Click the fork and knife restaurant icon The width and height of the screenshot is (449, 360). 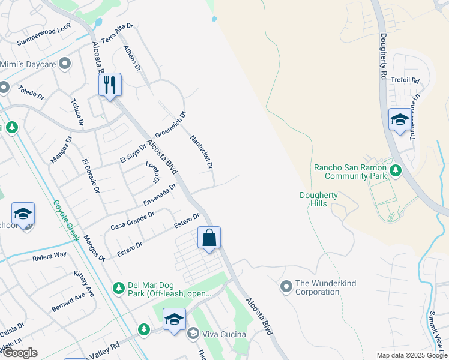coord(110,85)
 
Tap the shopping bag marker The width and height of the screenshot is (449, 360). coord(209,238)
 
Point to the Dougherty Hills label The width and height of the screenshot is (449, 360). coord(319,199)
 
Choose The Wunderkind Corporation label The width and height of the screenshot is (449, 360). coord(318,288)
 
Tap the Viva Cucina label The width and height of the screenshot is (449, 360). coord(224,334)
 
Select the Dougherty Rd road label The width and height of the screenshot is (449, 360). coord(384,54)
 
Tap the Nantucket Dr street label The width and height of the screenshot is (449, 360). coord(202,151)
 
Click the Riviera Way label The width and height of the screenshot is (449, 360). coord(49,256)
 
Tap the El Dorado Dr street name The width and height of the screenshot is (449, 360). coord(91,175)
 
